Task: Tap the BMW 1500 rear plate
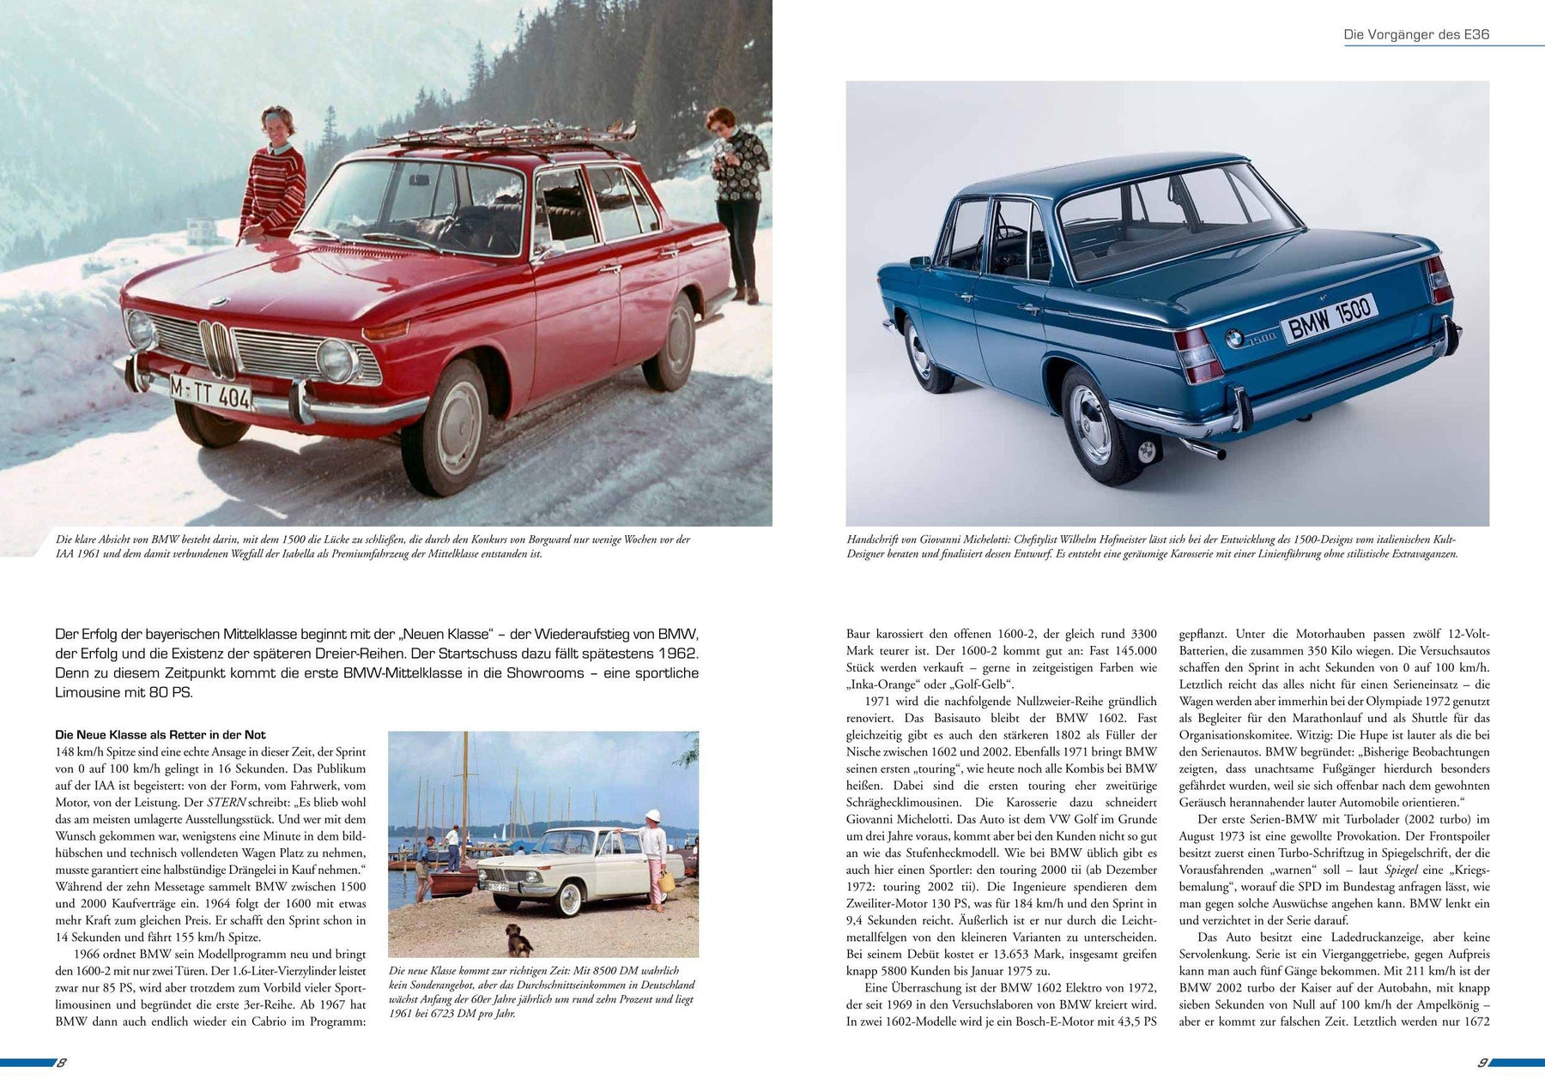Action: pos(1329,317)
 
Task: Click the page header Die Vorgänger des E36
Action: pos(1416,35)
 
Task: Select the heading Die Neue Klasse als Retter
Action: pos(161,735)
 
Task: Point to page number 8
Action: pos(62,1063)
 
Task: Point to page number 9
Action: pos(1481,1063)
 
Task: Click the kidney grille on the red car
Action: pos(216,347)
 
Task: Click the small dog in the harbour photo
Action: pos(518,939)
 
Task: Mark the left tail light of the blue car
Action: pos(1198,353)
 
